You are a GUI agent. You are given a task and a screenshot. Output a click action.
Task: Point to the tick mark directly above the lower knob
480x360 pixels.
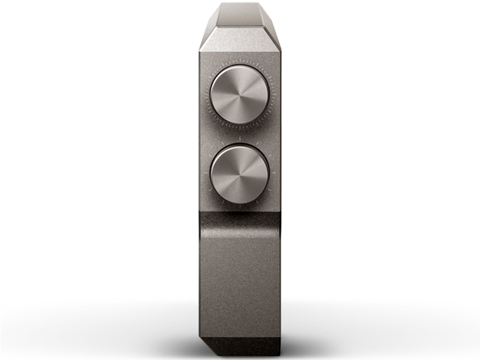pyautogui.click(x=239, y=137)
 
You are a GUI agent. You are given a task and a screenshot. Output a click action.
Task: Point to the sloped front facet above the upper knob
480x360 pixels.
pyautogui.click(x=239, y=39)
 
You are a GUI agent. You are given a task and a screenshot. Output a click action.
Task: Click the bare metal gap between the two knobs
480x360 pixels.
pyautogui.click(x=239, y=132)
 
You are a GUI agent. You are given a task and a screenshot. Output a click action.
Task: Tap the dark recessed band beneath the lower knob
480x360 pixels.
pyautogui.click(x=239, y=221)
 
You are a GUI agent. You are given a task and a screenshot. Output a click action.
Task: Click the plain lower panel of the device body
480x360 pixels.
pyautogui.click(x=239, y=279)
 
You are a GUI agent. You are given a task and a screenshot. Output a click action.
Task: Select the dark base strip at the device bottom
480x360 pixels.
pyautogui.click(x=244, y=346)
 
